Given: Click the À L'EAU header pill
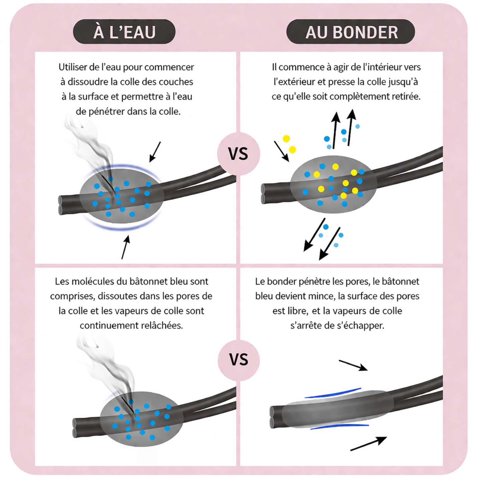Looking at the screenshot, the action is [x=124, y=32].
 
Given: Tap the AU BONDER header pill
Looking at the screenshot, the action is [x=350, y=32].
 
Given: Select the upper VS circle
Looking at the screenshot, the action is [x=238, y=154].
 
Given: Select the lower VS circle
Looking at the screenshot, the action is [x=239, y=360].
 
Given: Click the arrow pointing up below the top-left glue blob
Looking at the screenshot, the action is [x=126, y=247].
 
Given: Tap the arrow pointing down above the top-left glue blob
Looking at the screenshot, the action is [x=155, y=152].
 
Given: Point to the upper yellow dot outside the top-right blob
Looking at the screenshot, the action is [x=286, y=139].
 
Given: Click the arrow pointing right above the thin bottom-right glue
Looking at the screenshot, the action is [x=353, y=365].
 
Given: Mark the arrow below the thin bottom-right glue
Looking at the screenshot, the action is [x=368, y=444].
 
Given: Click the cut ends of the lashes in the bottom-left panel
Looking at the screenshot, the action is [x=75, y=428].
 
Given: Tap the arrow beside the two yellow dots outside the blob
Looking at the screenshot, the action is [x=281, y=151].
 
